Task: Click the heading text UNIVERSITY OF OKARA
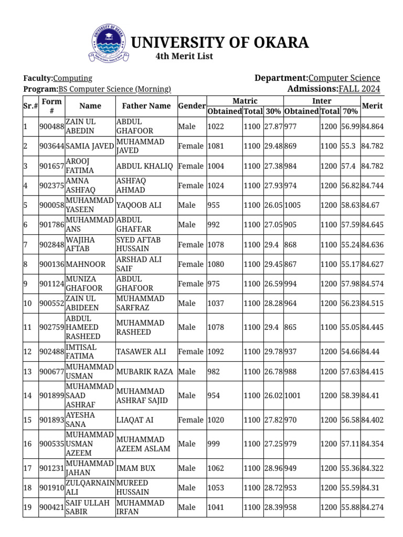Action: [219, 42]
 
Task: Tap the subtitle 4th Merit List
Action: [184, 57]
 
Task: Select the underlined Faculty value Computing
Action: [73, 78]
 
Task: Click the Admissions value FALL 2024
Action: [359, 89]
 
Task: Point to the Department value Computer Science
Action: [344, 78]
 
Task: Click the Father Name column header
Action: [146, 106]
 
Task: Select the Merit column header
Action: [372, 106]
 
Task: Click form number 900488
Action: [51, 127]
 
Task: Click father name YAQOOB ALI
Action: [139, 206]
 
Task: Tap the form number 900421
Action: [51, 507]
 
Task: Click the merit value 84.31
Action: [370, 488]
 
